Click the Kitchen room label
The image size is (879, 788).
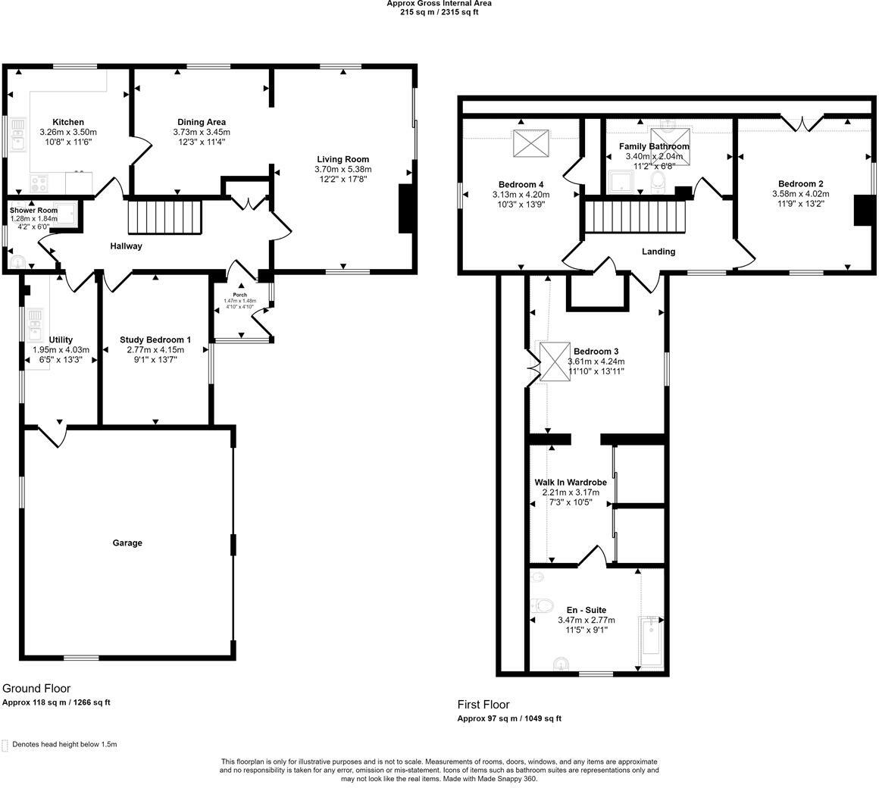68,122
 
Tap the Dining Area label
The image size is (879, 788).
202,122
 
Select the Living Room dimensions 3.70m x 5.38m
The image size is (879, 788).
343,169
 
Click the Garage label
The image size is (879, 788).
127,543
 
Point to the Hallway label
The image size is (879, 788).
126,246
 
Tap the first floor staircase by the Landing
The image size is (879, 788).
636,217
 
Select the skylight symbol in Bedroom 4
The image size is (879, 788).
530,143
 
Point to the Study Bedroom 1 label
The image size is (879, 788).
155,339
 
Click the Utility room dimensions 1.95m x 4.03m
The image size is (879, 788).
61,350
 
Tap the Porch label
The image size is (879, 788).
240,295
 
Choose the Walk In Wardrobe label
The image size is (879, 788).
571,482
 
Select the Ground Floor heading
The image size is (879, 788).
36,688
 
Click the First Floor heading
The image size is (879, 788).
483,705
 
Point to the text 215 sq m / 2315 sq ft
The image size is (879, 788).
439,12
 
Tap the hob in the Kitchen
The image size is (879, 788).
39,183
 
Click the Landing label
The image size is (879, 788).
658,252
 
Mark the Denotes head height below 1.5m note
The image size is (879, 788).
64,744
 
